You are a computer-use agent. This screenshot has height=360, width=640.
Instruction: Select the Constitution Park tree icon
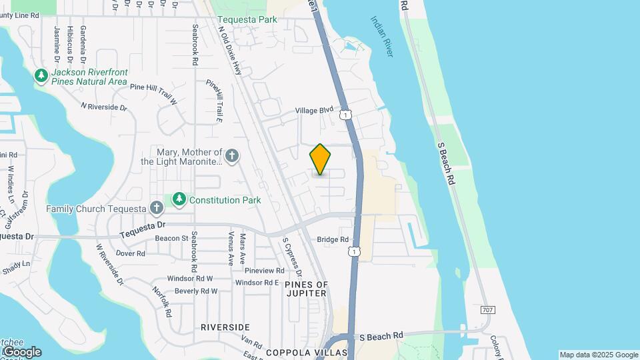pyautogui.click(x=179, y=199)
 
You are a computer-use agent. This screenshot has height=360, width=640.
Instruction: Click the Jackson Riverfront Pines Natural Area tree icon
pyautogui.click(x=41, y=76)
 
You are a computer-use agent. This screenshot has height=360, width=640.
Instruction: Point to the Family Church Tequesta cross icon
pyautogui.click(x=156, y=208)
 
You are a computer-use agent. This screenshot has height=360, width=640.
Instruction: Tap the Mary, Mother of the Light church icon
pyautogui.click(x=231, y=157)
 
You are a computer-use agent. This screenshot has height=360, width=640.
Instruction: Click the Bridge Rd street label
pyautogui.click(x=333, y=239)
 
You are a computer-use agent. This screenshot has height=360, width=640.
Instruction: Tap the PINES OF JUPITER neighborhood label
pyautogui.click(x=307, y=289)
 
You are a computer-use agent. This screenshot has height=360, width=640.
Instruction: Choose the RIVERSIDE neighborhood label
pyautogui.click(x=225, y=327)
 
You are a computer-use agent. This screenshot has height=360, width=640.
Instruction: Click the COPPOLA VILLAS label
pyautogui.click(x=307, y=352)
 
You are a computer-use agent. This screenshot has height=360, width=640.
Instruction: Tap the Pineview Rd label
pyautogui.click(x=264, y=271)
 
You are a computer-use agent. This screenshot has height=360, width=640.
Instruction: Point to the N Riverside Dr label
pyautogui.click(x=103, y=107)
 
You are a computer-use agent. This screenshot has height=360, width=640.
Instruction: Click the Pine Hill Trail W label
pyautogui.click(x=153, y=93)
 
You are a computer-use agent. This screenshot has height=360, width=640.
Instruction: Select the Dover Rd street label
pyautogui.click(x=130, y=253)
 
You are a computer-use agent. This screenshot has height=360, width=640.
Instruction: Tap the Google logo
pyautogui.click(x=22, y=352)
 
